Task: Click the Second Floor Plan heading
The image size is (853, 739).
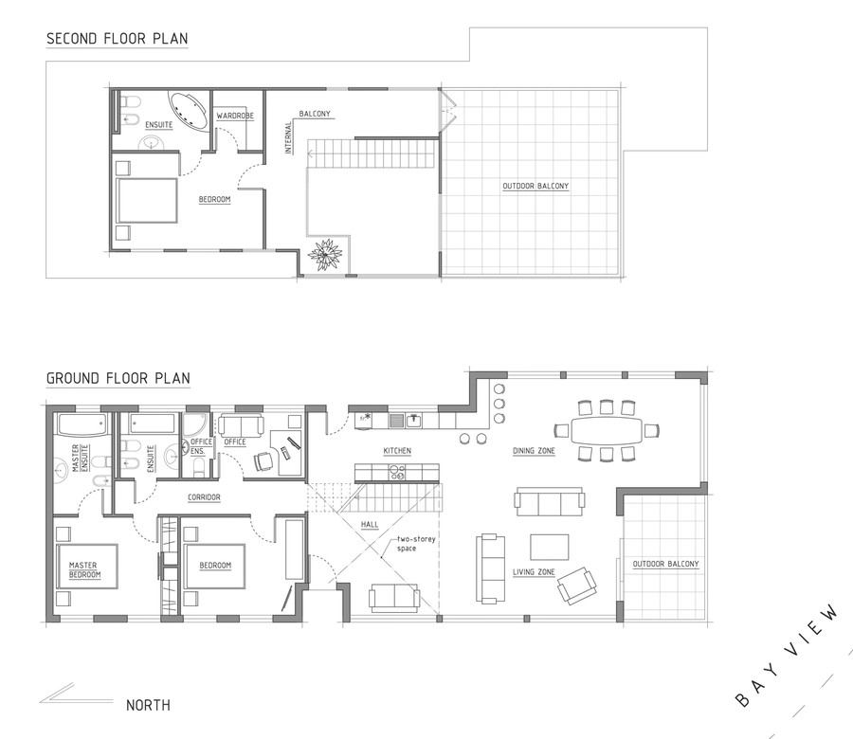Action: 117,39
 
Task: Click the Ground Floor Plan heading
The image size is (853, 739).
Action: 118,378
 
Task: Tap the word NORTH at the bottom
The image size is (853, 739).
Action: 148,705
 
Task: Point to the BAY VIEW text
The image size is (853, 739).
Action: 788,656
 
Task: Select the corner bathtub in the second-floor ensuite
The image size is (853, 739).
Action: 189,111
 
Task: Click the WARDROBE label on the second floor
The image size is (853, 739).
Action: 235,116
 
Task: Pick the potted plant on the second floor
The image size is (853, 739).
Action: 325,255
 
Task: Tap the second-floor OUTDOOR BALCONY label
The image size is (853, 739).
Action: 535,186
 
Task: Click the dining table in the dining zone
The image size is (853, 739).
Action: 607,431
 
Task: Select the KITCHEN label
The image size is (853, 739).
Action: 397,451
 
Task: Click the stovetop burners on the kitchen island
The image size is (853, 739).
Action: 397,473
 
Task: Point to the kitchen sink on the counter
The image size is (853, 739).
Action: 414,420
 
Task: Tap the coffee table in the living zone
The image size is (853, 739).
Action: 550,547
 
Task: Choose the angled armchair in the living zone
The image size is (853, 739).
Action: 576,586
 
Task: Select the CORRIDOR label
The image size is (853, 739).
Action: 204,497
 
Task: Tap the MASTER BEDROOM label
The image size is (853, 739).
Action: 84,570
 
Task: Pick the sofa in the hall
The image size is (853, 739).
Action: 394,598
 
